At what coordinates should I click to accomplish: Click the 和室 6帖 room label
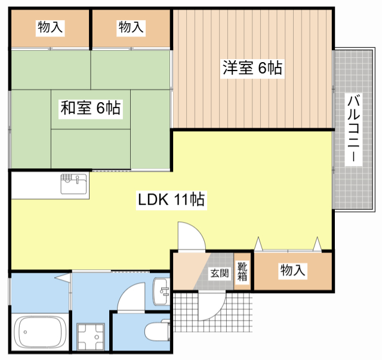coord(90,108)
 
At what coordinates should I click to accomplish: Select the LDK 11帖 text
coord(172,199)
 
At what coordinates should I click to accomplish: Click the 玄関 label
coord(219,273)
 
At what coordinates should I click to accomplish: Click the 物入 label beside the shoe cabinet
coord(292,270)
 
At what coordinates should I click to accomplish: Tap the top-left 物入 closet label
coord(50,27)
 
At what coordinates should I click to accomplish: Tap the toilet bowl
coord(156,331)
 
